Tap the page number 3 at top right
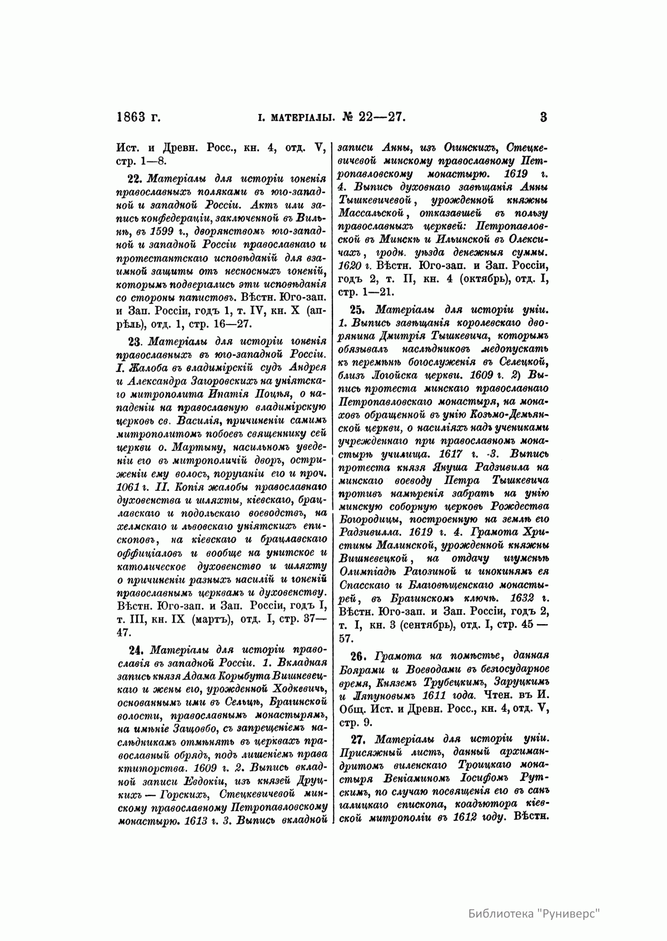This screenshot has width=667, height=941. click(x=543, y=117)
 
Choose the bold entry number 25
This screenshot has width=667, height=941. click(x=356, y=310)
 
